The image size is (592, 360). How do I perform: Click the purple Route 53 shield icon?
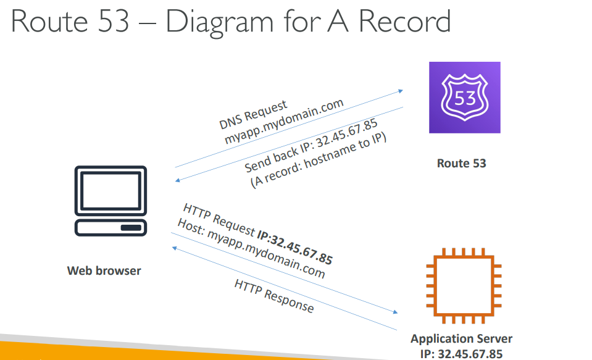tap(464, 98)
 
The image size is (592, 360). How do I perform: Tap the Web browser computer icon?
tap(110, 201)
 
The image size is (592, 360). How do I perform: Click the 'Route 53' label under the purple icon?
tap(461, 164)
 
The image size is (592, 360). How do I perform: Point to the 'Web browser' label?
tap(104, 270)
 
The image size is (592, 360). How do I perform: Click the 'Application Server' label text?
tap(461, 339)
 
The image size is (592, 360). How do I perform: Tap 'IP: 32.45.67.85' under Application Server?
tap(462, 354)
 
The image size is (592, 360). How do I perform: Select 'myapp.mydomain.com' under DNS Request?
tap(283, 122)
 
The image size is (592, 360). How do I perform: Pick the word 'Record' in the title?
tap(404, 22)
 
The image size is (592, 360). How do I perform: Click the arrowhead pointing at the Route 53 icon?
tap(401, 90)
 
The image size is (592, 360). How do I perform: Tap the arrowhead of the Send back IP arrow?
tap(178, 180)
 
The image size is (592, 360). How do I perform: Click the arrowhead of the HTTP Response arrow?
tap(174, 246)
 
